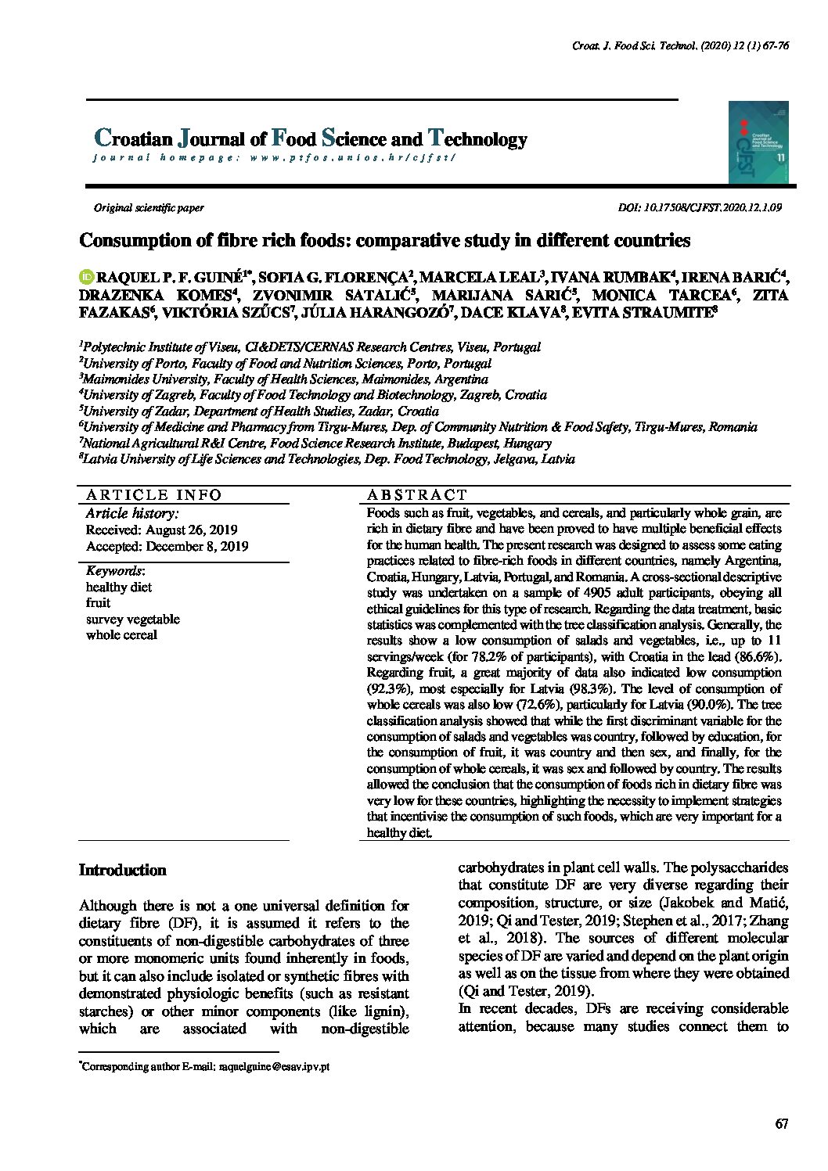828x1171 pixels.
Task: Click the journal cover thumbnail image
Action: [x=758, y=142]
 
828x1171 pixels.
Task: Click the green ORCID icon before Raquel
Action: [x=86, y=276]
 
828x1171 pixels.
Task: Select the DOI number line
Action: [x=699, y=208]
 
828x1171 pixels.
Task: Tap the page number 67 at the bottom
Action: [x=781, y=1124]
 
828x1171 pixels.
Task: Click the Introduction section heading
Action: [x=123, y=871]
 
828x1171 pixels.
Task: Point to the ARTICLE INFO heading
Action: [x=153, y=494]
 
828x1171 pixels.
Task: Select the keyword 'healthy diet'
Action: [x=119, y=587]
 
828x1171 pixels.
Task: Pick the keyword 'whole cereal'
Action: [x=121, y=634]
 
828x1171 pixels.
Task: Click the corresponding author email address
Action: [x=274, y=1066]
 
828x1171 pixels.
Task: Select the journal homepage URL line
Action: [x=274, y=157]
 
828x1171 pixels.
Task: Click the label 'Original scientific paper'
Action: [x=149, y=208]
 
